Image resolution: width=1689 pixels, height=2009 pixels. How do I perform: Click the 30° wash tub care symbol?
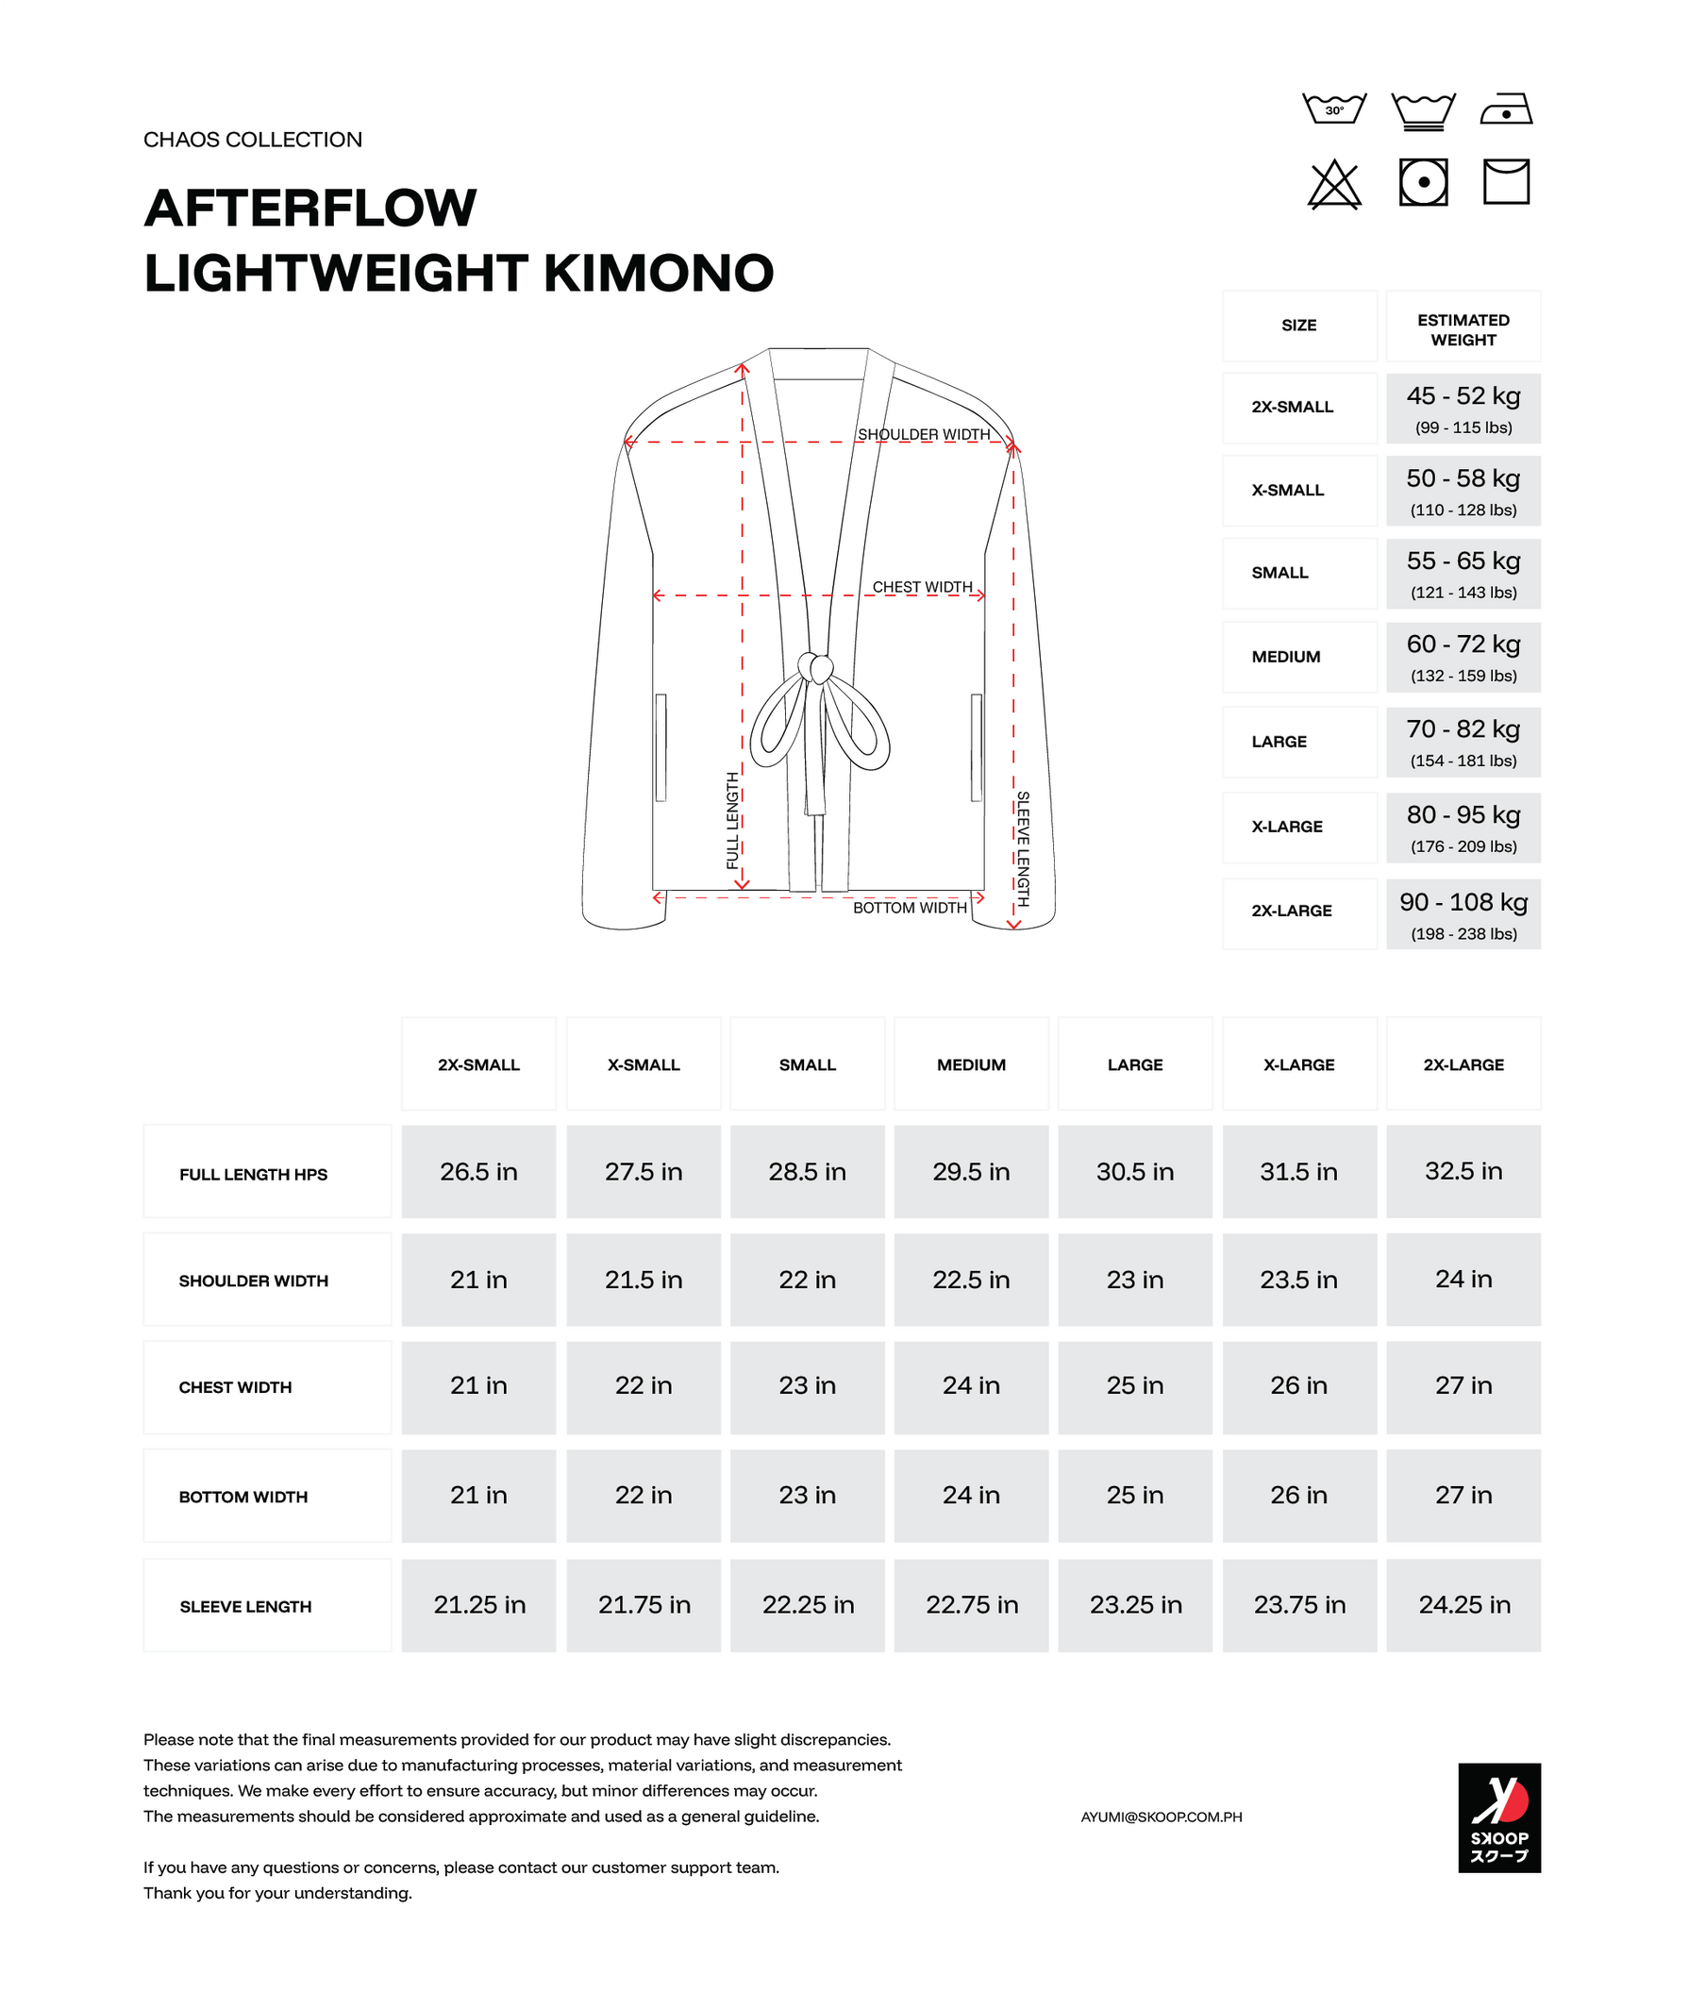pos(1334,109)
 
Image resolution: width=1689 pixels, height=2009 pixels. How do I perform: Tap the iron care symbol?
pos(1506,109)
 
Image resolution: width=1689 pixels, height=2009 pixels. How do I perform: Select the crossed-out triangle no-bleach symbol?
pos(1334,184)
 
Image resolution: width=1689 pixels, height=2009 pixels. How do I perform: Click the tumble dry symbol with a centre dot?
pos(1423,182)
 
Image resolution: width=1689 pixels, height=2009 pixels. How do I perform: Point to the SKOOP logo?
pos(1498,1816)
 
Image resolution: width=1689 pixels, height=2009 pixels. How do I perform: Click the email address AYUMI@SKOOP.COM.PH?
pos(1161,1816)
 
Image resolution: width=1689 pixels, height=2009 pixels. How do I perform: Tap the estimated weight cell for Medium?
pos(1463,657)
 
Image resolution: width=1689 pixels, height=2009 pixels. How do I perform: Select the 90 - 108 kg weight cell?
pos(1463,913)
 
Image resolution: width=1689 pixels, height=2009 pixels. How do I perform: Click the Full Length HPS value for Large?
pos(1134,1171)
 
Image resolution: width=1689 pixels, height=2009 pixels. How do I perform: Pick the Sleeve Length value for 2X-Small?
pos(478,1605)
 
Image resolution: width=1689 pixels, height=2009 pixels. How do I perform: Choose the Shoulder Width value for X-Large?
pos(1298,1280)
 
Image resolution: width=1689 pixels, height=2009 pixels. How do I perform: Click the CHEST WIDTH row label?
pos(236,1386)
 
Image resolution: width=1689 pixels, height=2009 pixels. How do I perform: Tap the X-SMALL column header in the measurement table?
pos(644,1063)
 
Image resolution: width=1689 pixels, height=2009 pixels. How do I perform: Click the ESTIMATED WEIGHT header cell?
pos(1463,329)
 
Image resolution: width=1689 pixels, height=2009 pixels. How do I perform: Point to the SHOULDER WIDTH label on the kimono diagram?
pos(924,434)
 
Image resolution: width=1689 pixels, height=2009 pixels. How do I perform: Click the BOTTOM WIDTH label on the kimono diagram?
pos(910,907)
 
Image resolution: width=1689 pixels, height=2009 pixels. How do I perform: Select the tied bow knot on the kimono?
pos(816,667)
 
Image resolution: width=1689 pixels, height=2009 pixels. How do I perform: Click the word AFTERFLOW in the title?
pos(310,208)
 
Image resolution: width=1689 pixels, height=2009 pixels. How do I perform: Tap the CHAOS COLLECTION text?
pos(253,140)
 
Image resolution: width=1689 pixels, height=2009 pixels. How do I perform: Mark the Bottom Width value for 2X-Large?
pos(1463,1495)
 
